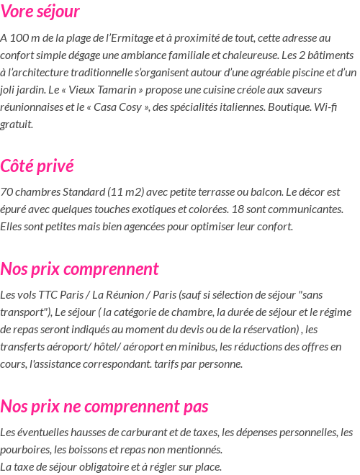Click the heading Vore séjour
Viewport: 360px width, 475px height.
pyautogui.click(x=40, y=12)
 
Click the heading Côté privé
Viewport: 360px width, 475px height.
pyautogui.click(x=37, y=166)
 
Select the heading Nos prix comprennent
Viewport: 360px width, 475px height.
pyautogui.click(x=79, y=269)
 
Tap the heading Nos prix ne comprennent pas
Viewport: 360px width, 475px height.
pyautogui.click(x=104, y=407)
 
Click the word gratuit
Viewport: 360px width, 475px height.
pyautogui.click(x=17, y=124)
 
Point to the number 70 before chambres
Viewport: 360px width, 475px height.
pyautogui.click(x=6, y=192)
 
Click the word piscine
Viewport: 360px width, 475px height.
pyautogui.click(x=300, y=72)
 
